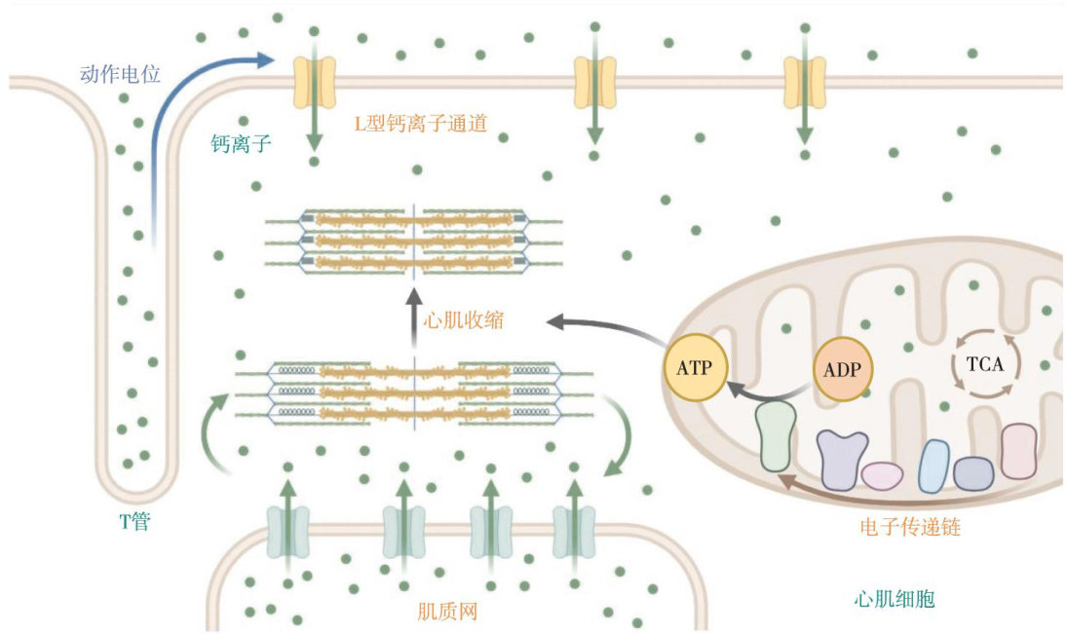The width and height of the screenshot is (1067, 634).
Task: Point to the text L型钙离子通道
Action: tap(421, 124)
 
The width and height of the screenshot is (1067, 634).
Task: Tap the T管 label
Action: tap(134, 523)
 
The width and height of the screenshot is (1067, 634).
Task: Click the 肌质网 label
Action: tap(447, 612)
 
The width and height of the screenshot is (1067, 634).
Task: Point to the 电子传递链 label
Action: tap(911, 527)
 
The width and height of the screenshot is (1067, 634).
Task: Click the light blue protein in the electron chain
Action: tap(934, 466)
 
